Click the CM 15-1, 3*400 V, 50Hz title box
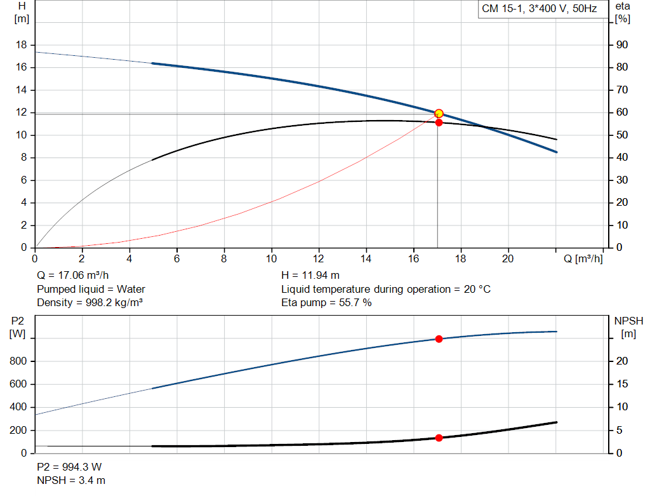[x=540, y=10]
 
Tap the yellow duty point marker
[x=439, y=113]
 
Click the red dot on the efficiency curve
[x=439, y=122]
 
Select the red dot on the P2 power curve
[x=439, y=339]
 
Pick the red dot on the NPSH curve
[x=439, y=438]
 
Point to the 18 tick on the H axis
[x=22, y=45]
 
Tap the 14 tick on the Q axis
[x=366, y=258]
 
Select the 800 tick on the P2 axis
[x=17, y=361]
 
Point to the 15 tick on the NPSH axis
[x=622, y=384]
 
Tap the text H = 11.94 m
[x=310, y=276]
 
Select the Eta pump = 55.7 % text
[x=326, y=302]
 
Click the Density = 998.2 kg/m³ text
[x=90, y=302]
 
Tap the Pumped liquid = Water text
[x=91, y=289]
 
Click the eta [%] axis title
[x=623, y=12]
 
